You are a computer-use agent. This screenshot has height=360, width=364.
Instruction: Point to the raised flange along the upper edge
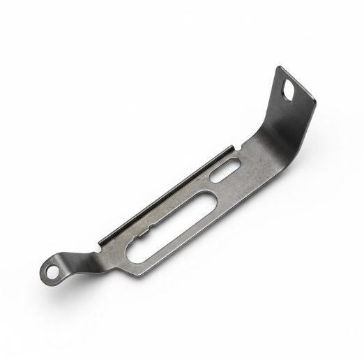click(167, 192)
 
